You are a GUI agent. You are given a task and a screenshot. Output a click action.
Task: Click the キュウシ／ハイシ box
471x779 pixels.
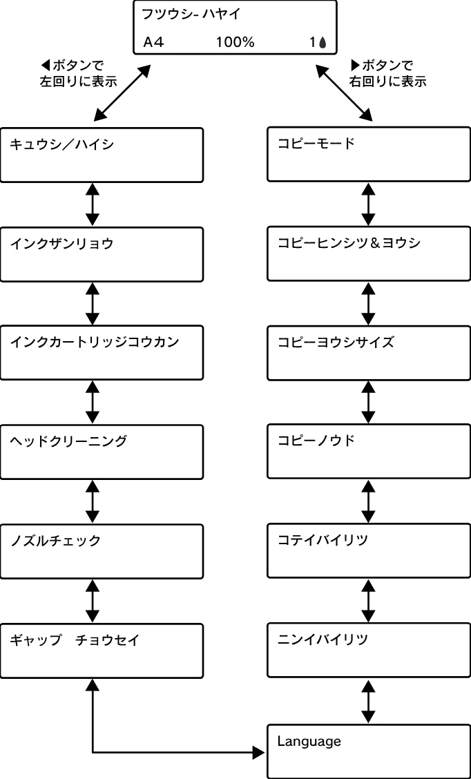tap(102, 155)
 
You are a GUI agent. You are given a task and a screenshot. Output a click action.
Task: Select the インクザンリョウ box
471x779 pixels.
tap(102, 254)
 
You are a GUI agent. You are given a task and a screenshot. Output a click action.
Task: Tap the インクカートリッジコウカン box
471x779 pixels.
tap(102, 353)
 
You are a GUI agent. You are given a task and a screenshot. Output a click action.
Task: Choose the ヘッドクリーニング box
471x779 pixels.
tap(102, 452)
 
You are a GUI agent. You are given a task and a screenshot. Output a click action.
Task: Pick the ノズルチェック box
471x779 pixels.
tap(102, 552)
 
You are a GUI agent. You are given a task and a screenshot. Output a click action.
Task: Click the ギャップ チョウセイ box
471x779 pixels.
tap(102, 651)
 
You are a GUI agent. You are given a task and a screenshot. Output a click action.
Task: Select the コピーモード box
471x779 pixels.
tap(369, 155)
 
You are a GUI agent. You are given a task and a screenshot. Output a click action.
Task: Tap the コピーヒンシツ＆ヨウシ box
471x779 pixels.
tap(369, 254)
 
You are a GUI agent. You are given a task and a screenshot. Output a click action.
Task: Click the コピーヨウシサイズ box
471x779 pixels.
tap(369, 353)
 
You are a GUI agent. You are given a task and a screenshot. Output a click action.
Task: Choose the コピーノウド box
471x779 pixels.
tap(369, 452)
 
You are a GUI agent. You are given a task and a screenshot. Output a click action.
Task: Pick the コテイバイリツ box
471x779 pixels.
tap(369, 552)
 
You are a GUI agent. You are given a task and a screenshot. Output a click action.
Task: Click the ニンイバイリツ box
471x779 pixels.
tap(369, 651)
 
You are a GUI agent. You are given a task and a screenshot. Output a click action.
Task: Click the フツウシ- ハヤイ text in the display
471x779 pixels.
tap(191, 14)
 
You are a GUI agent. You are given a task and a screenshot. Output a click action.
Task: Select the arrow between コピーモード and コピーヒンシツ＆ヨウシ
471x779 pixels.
tap(368, 204)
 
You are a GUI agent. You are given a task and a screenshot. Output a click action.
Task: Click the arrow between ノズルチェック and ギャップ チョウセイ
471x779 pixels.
tap(93, 601)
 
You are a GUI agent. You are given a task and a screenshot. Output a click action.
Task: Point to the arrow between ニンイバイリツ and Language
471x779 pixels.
tap(368, 702)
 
